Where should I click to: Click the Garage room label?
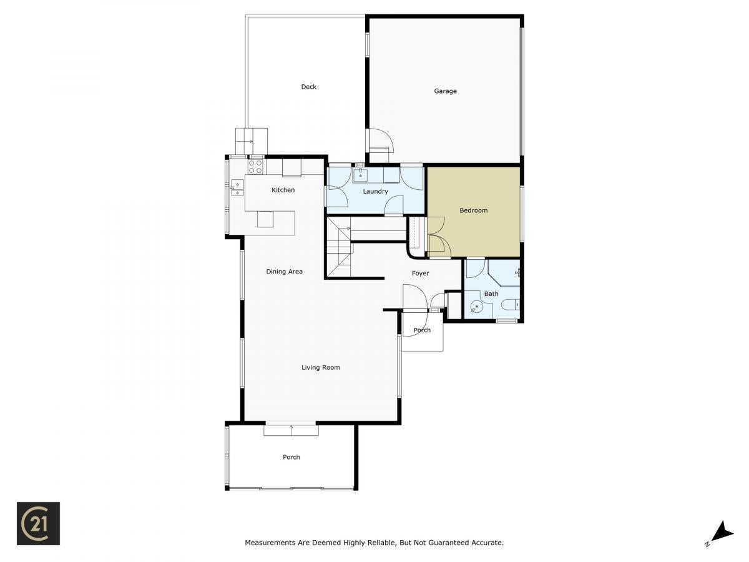[x=445, y=91]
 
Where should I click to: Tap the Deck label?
[x=308, y=87]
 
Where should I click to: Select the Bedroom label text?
[x=473, y=210]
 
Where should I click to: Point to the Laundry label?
[x=375, y=192]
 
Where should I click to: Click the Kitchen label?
[x=283, y=190]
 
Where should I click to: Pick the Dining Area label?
[x=284, y=272]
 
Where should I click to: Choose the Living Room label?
[x=320, y=368]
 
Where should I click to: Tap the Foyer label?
[x=420, y=274]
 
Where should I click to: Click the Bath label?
[x=491, y=293]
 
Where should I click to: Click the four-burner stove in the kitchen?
[x=255, y=167]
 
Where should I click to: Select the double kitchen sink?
[x=237, y=188]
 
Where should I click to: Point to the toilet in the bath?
[x=511, y=304]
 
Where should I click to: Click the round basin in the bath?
[x=476, y=307]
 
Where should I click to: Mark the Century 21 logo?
[x=38, y=523]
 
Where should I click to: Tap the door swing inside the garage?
[x=381, y=140]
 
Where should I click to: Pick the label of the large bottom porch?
[x=291, y=457]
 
